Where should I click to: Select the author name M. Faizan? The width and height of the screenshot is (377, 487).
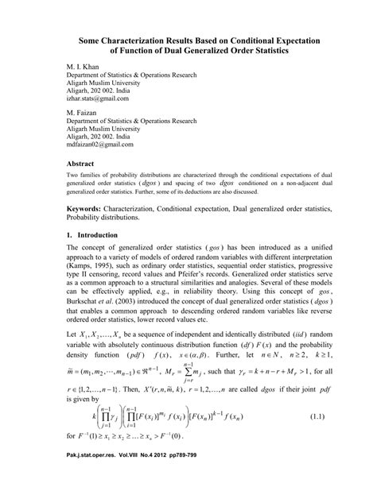coord(82,114)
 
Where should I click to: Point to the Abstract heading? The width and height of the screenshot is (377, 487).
coord(82,162)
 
